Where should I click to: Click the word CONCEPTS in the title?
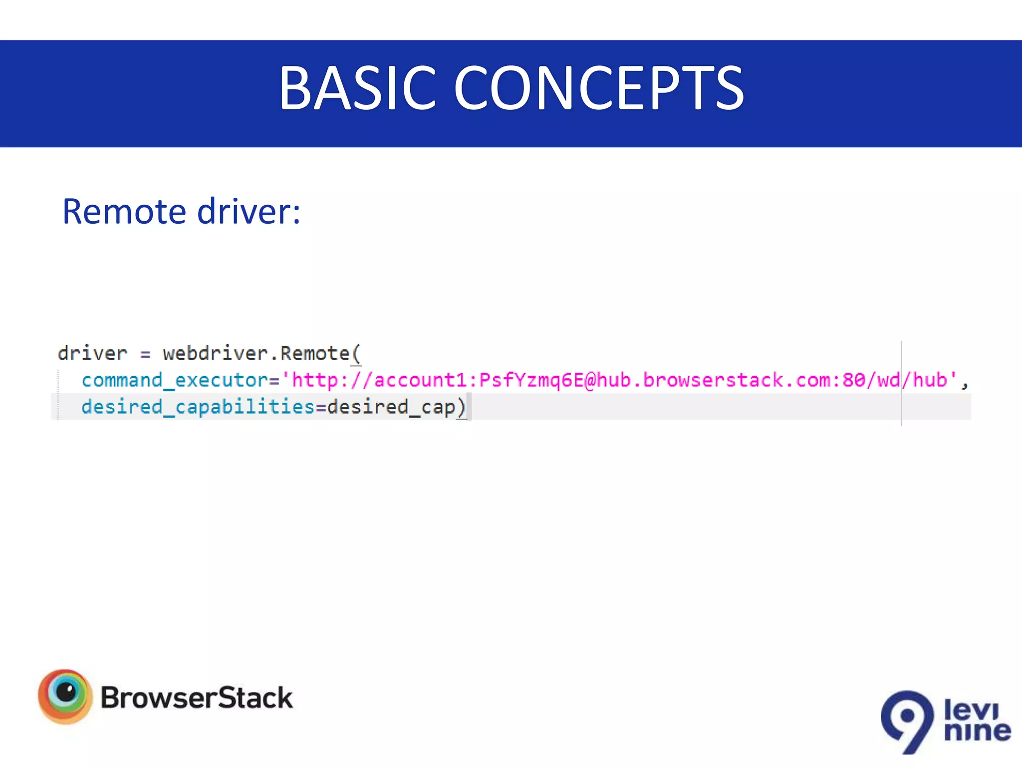598,89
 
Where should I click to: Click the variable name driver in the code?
92,354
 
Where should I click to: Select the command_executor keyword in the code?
175,381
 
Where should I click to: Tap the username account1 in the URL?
421,381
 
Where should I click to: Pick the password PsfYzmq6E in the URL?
531,381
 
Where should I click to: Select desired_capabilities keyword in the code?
198,407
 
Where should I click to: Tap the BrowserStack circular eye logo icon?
65,696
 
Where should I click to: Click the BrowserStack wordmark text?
196,698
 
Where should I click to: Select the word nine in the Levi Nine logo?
977,732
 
